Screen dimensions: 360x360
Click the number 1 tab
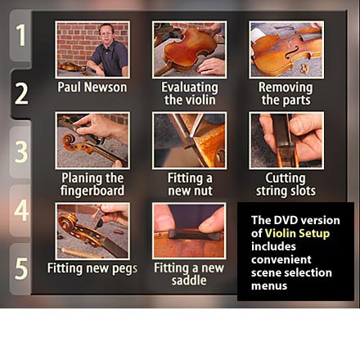click(x=20, y=35)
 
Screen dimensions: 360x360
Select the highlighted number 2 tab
click(x=21, y=94)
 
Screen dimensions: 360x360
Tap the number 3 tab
click(x=20, y=151)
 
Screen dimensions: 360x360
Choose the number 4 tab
click(x=20, y=210)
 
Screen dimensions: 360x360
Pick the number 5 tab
click(x=20, y=269)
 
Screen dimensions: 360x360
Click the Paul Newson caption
click(x=92, y=88)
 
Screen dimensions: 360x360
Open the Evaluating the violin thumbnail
click(x=189, y=50)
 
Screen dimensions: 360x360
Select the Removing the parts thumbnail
click(x=286, y=50)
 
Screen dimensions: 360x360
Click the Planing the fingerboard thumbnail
click(x=92, y=140)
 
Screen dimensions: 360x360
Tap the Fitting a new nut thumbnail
click(x=189, y=140)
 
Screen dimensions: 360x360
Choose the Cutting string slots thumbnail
click(x=286, y=140)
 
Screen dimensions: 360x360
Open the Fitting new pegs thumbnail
click(x=92, y=231)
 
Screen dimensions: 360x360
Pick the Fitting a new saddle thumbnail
click(x=189, y=231)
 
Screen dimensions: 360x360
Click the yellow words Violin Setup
click(x=297, y=233)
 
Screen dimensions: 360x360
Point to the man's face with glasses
click(x=106, y=34)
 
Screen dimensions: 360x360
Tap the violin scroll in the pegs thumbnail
click(x=67, y=222)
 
